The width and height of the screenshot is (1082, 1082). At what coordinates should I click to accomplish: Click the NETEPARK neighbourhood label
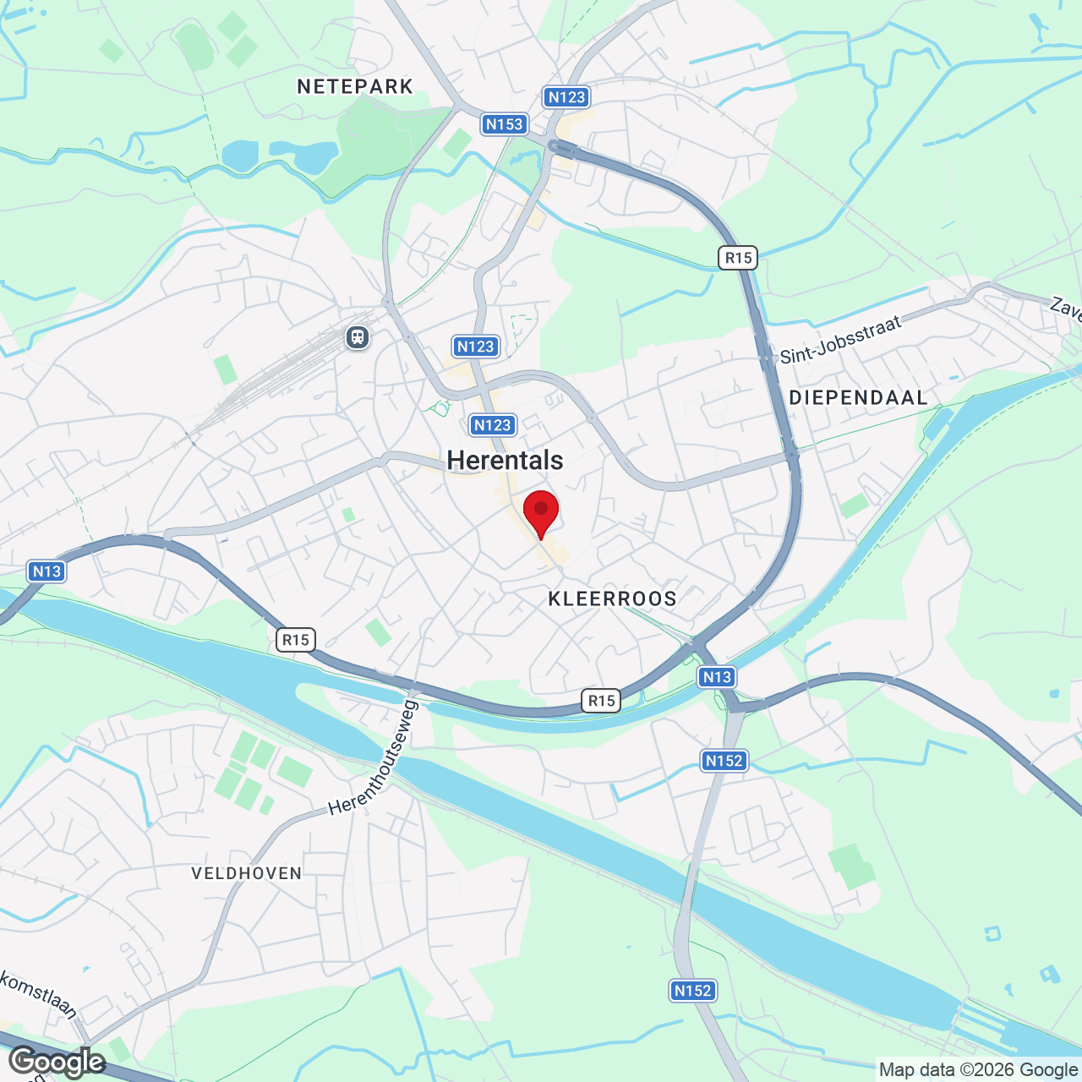pyautogui.click(x=355, y=86)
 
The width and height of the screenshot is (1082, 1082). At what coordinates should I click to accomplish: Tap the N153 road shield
pyautogui.click(x=505, y=124)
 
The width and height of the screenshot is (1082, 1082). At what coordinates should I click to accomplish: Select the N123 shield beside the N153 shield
pyautogui.click(x=566, y=97)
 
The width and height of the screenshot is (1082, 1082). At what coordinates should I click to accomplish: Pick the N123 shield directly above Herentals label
pyautogui.click(x=492, y=425)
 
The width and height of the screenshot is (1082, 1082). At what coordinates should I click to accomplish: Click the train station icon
pyautogui.click(x=358, y=338)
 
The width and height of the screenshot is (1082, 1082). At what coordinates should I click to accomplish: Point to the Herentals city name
pyautogui.click(x=505, y=460)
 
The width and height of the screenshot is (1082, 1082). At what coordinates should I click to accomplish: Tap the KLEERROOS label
pyautogui.click(x=612, y=599)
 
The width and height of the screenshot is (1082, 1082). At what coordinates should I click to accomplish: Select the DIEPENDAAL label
pyautogui.click(x=858, y=397)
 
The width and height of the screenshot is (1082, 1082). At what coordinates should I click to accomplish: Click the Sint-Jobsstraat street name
pyautogui.click(x=840, y=340)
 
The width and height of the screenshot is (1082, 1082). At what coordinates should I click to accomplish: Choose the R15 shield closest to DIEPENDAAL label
pyautogui.click(x=738, y=258)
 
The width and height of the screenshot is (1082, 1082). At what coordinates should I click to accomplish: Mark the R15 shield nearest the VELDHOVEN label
pyautogui.click(x=296, y=640)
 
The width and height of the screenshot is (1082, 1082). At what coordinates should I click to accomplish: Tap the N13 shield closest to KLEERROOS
pyautogui.click(x=717, y=676)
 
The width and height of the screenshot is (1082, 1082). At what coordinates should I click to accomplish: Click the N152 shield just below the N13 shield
pyautogui.click(x=724, y=761)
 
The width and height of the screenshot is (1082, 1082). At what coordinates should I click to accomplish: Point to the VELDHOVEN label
pyautogui.click(x=246, y=873)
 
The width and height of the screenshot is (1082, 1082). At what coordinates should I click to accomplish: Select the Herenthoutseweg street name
pyautogui.click(x=373, y=758)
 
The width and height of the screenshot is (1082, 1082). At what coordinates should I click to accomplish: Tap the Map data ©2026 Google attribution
pyautogui.click(x=978, y=1070)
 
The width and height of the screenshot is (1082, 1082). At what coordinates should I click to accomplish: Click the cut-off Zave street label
pyautogui.click(x=1066, y=308)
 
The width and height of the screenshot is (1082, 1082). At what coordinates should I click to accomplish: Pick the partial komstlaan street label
pyautogui.click(x=38, y=995)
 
